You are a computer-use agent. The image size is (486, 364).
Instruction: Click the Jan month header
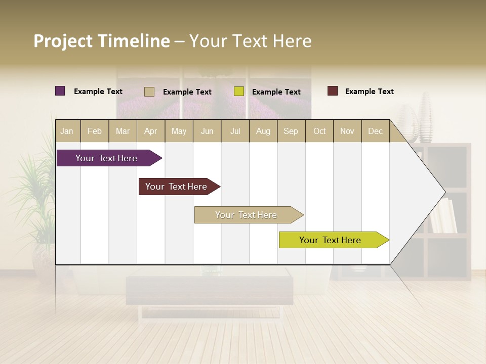coord(67,131)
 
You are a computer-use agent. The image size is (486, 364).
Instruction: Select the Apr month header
coord(151,131)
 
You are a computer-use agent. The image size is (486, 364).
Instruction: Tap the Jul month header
coord(235,131)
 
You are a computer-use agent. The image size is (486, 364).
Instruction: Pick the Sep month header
coord(291,131)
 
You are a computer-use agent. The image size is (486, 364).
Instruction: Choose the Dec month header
coord(375,131)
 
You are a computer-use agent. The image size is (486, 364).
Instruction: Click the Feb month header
coord(95,131)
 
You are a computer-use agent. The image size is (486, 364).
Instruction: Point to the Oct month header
coord(319,131)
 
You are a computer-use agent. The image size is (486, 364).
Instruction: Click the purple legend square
coord(60,91)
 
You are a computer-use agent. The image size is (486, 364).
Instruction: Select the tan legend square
coord(149,92)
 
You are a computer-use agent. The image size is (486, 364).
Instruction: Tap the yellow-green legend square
coord(239,92)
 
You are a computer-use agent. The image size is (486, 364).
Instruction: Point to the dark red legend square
coord(333,91)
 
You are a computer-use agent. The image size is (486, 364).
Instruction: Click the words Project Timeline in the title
coord(101,41)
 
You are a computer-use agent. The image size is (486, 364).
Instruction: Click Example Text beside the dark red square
coord(369,92)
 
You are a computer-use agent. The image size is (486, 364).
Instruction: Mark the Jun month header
coord(207,131)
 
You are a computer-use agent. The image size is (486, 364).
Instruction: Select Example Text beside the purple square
coord(98,92)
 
